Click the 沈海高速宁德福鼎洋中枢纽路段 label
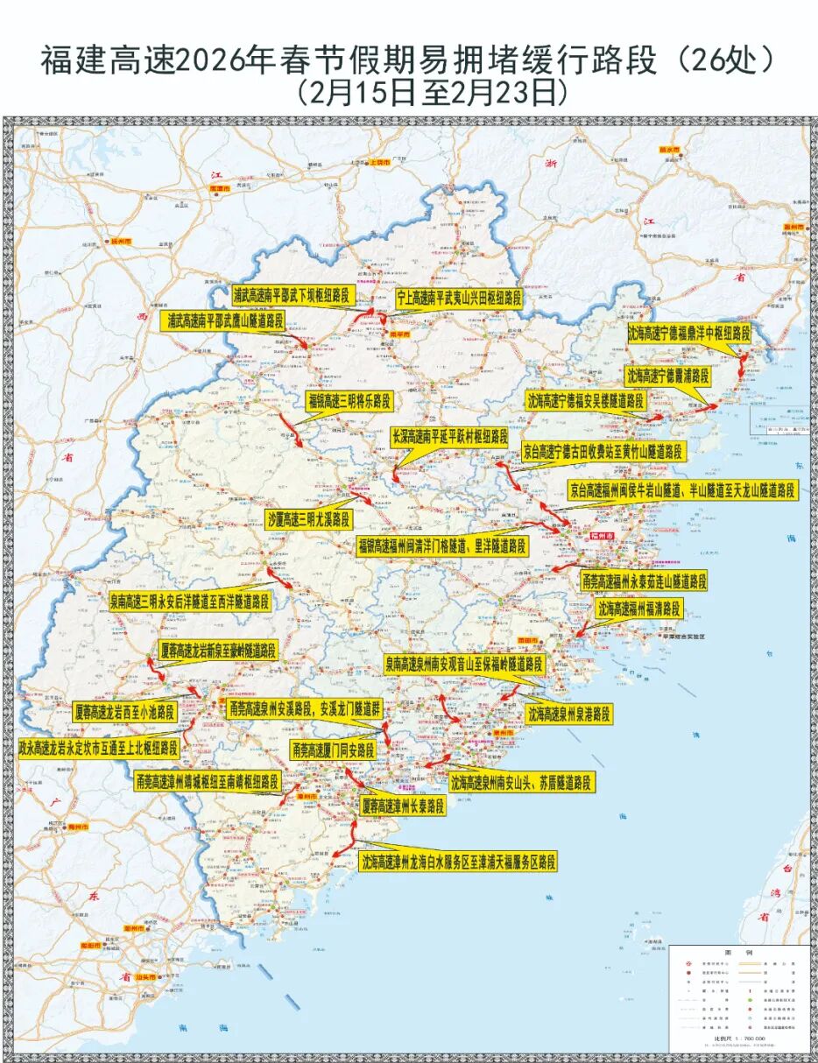[x=689, y=334]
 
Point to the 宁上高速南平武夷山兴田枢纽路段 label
[x=459, y=298]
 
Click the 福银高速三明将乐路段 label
[x=348, y=401]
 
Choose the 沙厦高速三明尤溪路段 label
[x=308, y=519]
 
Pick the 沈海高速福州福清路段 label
[x=639, y=609]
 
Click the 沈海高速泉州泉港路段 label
[x=568, y=714]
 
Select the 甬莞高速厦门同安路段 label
[x=333, y=750]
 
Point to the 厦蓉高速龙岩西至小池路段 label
[x=124, y=709]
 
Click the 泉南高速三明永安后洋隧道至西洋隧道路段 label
[x=189, y=602]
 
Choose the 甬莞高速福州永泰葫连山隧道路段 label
[x=644, y=581]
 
